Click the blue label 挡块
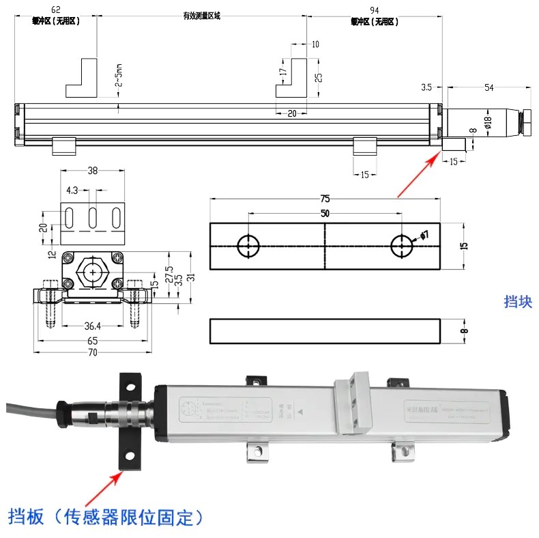tap(517, 302)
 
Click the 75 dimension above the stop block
tap(325, 199)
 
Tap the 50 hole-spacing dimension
tap(324, 214)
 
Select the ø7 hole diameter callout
tap(424, 236)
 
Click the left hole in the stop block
tap(247, 246)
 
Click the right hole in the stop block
tap(402, 246)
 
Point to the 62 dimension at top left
tap(56, 10)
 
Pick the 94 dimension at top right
tap(374, 10)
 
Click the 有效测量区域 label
tap(201, 16)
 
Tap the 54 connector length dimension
tap(488, 87)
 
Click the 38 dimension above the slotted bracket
tap(93, 171)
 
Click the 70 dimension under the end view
tap(92, 352)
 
